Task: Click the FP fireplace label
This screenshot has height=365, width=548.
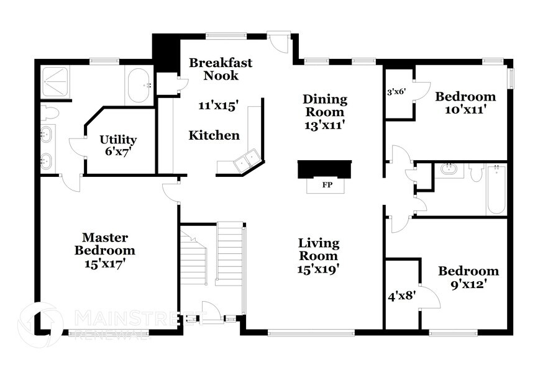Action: tap(325, 185)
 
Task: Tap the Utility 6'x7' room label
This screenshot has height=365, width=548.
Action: tap(118, 145)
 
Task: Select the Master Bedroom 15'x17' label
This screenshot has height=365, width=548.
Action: tap(104, 250)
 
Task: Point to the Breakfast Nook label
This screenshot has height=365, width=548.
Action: tap(214, 69)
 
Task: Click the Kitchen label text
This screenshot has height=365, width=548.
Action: tap(214, 135)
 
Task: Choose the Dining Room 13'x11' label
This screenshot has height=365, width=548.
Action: tap(324, 112)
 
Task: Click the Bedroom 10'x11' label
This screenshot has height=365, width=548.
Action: tap(465, 103)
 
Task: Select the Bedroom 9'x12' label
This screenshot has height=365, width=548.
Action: tap(468, 277)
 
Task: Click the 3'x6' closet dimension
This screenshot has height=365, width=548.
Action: tap(396, 92)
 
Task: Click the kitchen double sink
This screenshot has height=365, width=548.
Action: tap(245, 161)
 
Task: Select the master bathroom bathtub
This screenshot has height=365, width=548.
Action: tap(139, 86)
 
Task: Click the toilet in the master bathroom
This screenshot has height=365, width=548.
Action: tap(48, 113)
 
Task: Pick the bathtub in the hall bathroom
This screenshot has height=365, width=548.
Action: tap(495, 189)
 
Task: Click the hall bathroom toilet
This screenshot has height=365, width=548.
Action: tap(476, 173)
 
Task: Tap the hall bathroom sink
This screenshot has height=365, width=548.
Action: tap(449, 169)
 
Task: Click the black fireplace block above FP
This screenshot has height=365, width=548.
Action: tap(324, 169)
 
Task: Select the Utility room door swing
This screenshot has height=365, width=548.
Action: tap(77, 147)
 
